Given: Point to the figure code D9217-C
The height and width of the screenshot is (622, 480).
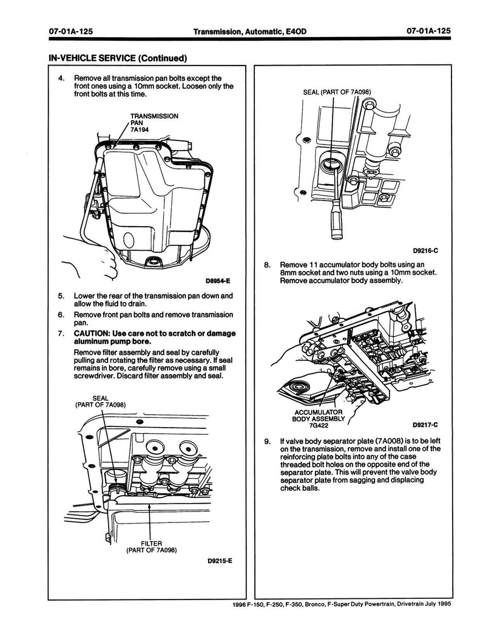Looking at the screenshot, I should click(425, 425).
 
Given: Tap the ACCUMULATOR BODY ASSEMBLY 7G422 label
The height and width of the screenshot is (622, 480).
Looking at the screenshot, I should click(318, 419).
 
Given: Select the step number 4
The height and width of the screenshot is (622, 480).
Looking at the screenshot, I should click(61, 78).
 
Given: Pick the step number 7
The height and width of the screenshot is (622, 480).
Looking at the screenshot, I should click(61, 333).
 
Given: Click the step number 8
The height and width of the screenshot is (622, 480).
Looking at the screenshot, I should click(267, 265).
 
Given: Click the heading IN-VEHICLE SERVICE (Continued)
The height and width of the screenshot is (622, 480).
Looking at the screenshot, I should click(113, 58).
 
